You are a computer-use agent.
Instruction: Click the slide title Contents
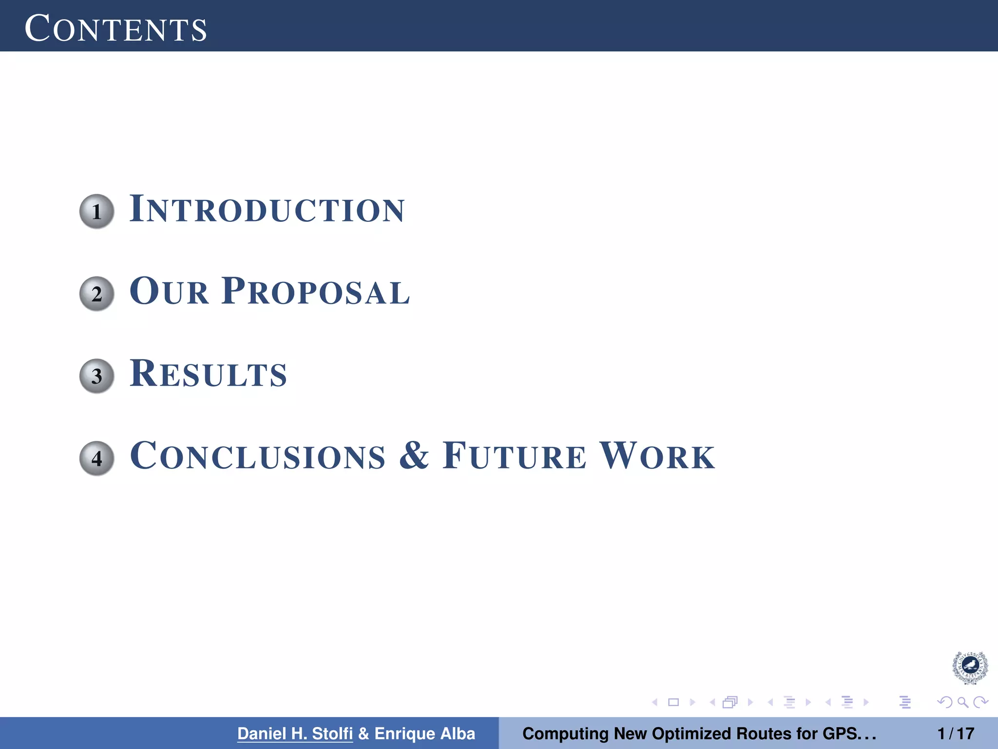click(x=115, y=28)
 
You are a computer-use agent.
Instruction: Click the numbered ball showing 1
click(x=96, y=211)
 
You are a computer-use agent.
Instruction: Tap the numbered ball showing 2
click(x=96, y=294)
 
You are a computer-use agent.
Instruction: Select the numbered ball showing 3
click(x=96, y=376)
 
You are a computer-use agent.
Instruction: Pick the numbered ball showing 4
click(x=96, y=458)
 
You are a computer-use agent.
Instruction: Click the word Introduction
click(x=267, y=210)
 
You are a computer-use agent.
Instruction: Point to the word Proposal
click(x=316, y=292)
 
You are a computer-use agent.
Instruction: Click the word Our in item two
click(x=169, y=292)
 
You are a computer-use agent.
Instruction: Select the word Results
click(x=208, y=374)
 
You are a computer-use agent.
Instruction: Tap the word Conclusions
click(x=258, y=456)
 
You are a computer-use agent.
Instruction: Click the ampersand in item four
click(x=414, y=455)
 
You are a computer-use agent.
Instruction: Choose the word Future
click(x=514, y=456)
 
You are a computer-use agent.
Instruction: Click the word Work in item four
click(x=657, y=456)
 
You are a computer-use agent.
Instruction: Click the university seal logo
click(x=970, y=668)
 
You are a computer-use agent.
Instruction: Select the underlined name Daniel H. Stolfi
click(x=295, y=733)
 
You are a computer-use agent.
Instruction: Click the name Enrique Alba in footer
click(x=424, y=733)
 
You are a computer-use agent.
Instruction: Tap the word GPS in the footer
click(x=839, y=733)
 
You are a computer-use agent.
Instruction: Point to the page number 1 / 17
click(x=956, y=733)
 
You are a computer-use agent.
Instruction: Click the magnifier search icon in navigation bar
click(x=962, y=702)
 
